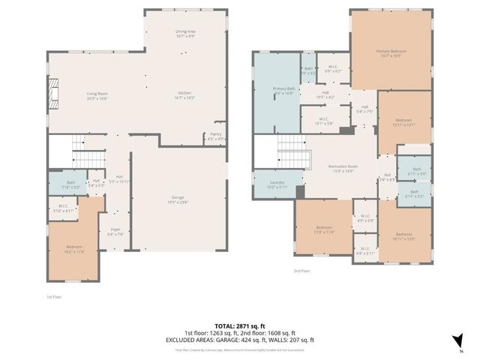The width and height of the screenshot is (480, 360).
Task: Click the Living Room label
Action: (x=97, y=95)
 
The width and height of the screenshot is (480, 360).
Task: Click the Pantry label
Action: (x=214, y=136)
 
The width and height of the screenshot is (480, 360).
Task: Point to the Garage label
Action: (x=177, y=199)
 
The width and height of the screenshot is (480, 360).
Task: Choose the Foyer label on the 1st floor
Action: (x=116, y=231)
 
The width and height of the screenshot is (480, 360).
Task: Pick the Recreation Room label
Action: (x=343, y=167)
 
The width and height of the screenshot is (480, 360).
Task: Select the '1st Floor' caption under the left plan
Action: (x=54, y=297)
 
